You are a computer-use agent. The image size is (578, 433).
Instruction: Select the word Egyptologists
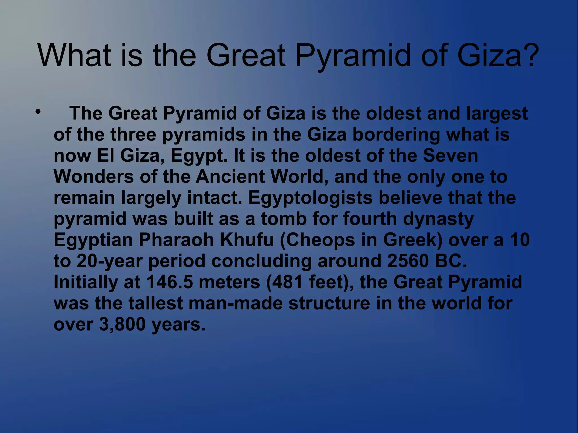click(310, 198)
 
